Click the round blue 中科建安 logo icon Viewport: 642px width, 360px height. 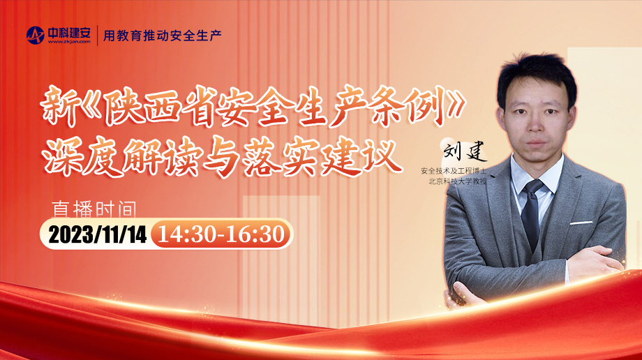click(x=35, y=35)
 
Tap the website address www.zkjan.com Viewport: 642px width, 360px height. click(x=69, y=41)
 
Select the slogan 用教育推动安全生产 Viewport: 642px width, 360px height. click(x=162, y=36)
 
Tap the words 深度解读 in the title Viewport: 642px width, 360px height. click(x=122, y=158)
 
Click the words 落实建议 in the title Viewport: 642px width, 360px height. click(x=322, y=158)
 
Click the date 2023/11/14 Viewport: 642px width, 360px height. click(x=98, y=234)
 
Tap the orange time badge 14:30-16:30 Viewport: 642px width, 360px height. click(x=221, y=234)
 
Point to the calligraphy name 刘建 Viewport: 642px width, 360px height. click(x=465, y=151)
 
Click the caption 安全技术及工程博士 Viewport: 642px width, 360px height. click(x=454, y=171)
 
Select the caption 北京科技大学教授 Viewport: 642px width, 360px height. click(x=457, y=181)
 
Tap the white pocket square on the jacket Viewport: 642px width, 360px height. click(x=581, y=223)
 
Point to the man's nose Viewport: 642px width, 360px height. click(x=536, y=123)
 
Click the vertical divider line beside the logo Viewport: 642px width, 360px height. click(x=98, y=35)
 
